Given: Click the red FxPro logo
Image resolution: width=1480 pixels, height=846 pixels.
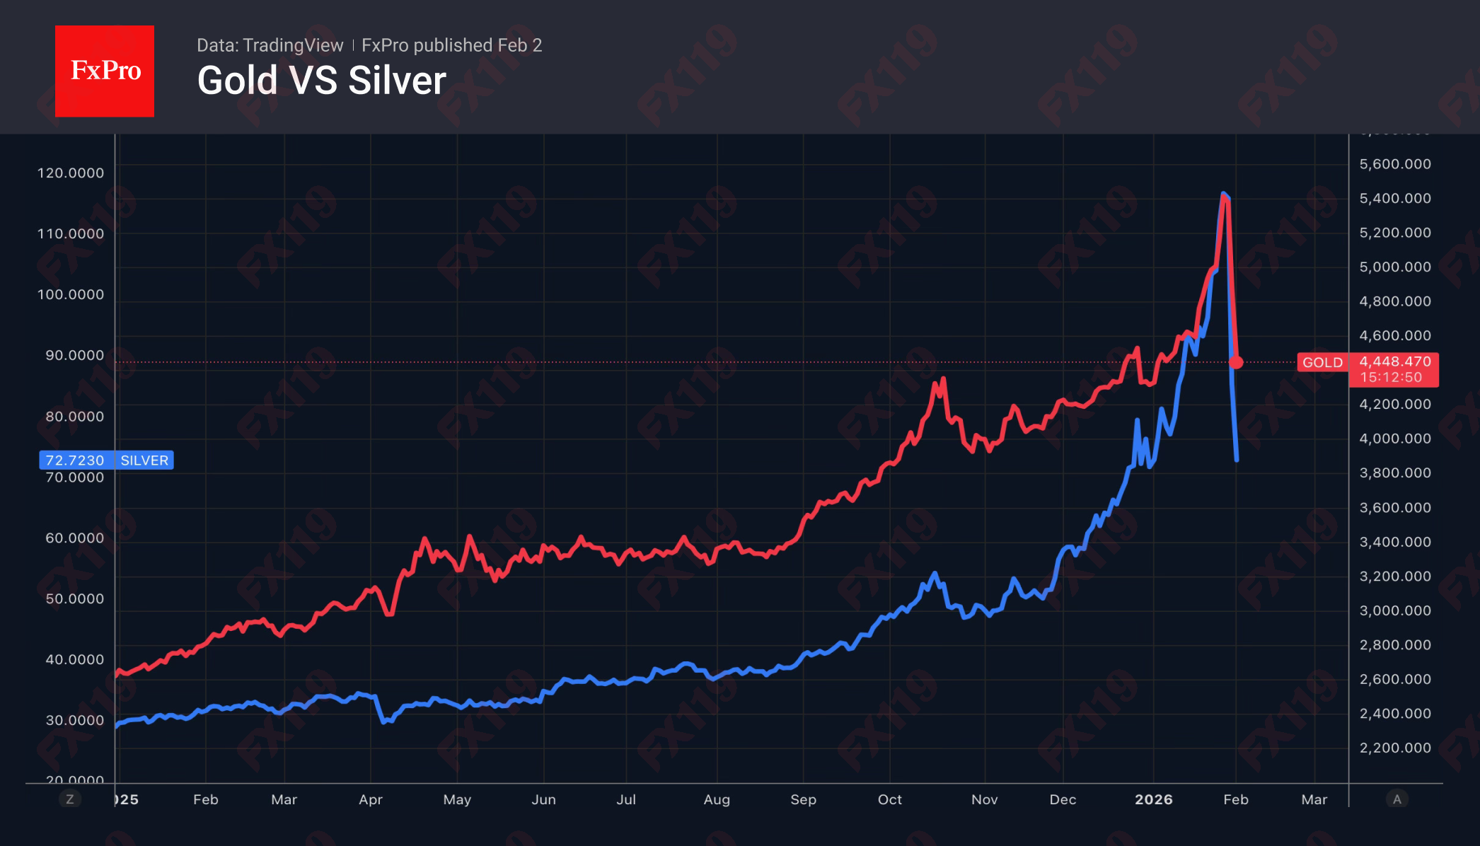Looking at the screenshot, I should click(x=105, y=71).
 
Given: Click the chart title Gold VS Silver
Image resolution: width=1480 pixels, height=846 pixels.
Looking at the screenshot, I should click(x=321, y=81).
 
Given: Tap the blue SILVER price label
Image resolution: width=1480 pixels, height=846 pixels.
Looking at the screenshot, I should click(x=144, y=460).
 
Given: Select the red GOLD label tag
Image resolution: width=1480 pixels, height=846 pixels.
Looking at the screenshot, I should click(x=1322, y=362).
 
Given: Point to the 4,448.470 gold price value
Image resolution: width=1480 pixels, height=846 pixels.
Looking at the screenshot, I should click(x=1394, y=361).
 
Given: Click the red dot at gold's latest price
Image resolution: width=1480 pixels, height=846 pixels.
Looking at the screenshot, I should click(x=1236, y=362).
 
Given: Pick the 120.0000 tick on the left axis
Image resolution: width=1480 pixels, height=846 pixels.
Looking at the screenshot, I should click(x=70, y=173).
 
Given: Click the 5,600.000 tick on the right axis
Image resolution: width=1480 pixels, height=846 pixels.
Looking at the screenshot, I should click(x=1394, y=164).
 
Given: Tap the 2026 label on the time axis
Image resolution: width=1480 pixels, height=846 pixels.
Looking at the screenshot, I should click(x=1153, y=799).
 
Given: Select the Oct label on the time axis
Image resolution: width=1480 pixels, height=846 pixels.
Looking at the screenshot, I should click(x=889, y=799).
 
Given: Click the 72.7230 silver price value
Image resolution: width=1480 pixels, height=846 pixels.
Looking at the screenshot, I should click(x=74, y=460).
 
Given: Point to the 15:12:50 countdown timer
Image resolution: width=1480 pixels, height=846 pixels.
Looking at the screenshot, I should click(x=1390, y=378).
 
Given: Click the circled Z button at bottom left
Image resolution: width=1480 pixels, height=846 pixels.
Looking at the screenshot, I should click(x=69, y=799).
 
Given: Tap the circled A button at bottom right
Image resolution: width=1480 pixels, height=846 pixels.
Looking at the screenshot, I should click(x=1397, y=799).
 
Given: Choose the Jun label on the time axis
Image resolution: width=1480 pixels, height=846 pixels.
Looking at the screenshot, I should click(x=543, y=799).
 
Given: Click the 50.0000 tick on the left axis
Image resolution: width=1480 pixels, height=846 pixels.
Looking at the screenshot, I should click(x=74, y=598).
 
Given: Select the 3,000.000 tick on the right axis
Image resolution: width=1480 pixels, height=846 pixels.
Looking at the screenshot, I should click(x=1394, y=610).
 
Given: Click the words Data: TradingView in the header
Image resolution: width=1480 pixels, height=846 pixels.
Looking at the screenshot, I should click(x=270, y=45).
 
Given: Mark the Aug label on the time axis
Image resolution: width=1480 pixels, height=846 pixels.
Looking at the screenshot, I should click(x=716, y=799).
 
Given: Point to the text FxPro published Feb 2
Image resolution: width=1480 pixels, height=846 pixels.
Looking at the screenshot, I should click(x=451, y=45).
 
